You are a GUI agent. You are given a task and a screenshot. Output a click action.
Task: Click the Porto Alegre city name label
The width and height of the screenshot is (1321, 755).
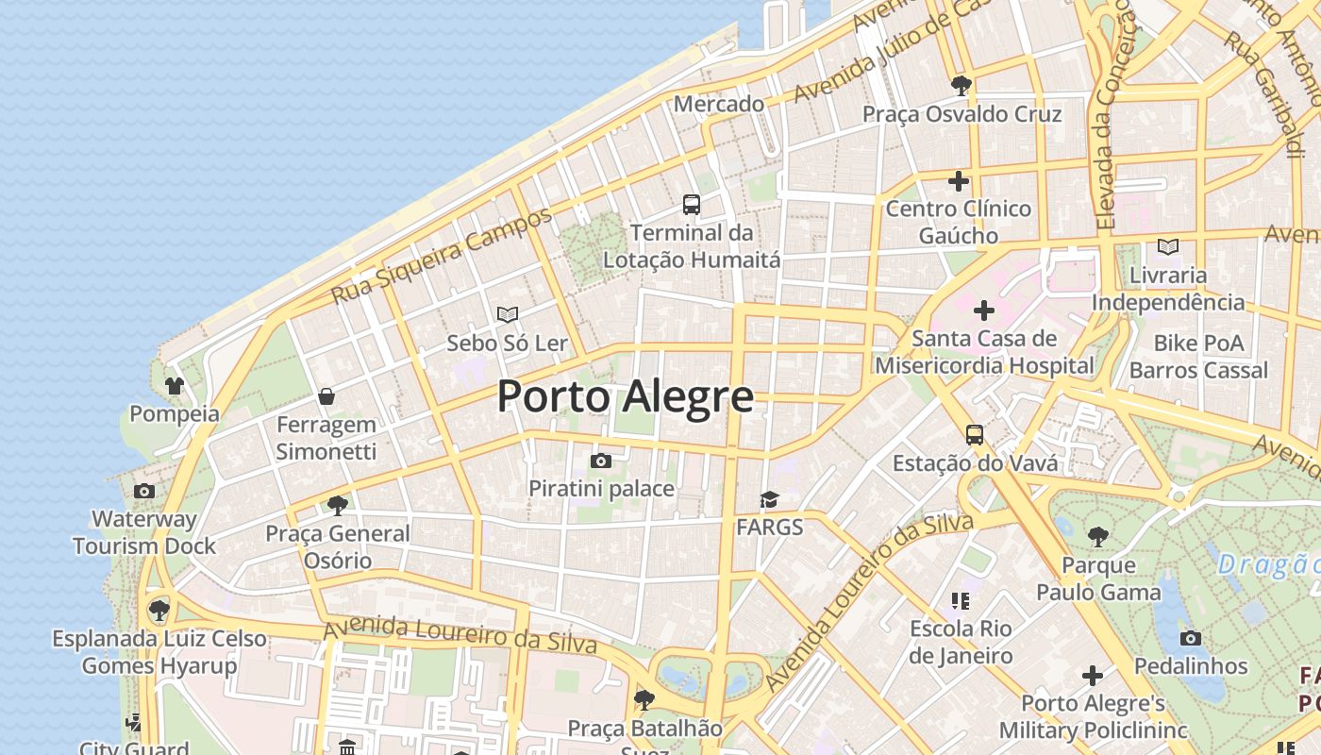point(625,396)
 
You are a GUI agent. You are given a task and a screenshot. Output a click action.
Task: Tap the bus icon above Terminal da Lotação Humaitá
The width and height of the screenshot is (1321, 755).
point(692,204)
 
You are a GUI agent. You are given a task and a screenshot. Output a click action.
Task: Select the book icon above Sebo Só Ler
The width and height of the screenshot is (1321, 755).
point(508,314)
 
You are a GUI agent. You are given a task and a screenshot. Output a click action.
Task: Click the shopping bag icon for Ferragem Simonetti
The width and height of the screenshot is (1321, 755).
point(326,396)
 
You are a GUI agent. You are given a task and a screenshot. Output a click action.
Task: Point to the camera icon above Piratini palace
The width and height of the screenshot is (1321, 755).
point(601,461)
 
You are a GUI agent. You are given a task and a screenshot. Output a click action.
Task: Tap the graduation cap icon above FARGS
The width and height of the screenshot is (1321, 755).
point(770,498)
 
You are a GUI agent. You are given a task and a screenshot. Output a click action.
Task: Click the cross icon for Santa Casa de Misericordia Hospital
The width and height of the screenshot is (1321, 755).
point(984,310)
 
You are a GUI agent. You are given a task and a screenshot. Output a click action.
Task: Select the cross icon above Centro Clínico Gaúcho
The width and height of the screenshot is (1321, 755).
point(959,180)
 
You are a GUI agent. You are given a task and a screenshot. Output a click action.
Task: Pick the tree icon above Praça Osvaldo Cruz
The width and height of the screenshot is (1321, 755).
point(961,86)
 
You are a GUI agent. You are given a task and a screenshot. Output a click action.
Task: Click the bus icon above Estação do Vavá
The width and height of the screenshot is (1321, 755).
point(975,435)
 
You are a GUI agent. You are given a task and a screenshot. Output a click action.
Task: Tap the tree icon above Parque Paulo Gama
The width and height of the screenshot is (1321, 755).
point(1097,537)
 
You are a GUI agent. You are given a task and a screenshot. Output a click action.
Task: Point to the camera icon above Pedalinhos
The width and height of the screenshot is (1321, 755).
point(1191,638)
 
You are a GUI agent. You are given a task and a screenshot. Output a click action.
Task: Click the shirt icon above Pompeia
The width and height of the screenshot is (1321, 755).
point(175,385)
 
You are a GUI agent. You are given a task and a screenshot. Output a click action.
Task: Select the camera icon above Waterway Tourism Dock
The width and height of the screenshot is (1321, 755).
point(144,491)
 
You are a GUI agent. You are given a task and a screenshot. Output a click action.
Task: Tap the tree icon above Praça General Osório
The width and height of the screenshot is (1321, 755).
point(337,505)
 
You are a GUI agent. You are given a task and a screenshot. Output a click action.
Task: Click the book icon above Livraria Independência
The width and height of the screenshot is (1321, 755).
point(1168,246)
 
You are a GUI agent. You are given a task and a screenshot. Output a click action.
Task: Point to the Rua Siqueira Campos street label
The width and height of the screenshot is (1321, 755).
point(441,257)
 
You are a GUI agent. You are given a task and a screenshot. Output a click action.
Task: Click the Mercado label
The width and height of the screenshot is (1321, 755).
point(719,104)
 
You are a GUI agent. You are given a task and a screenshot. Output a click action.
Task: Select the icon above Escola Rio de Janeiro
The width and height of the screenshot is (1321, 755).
point(961,600)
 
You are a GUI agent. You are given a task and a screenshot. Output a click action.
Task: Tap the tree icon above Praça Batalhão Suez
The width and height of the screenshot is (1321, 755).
point(644,699)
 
